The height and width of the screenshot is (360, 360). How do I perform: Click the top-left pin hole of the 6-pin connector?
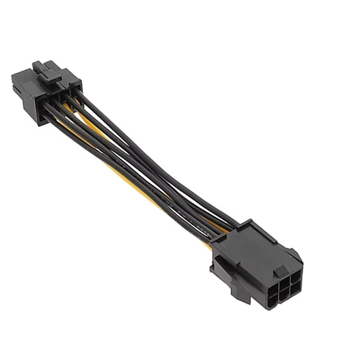262,286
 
